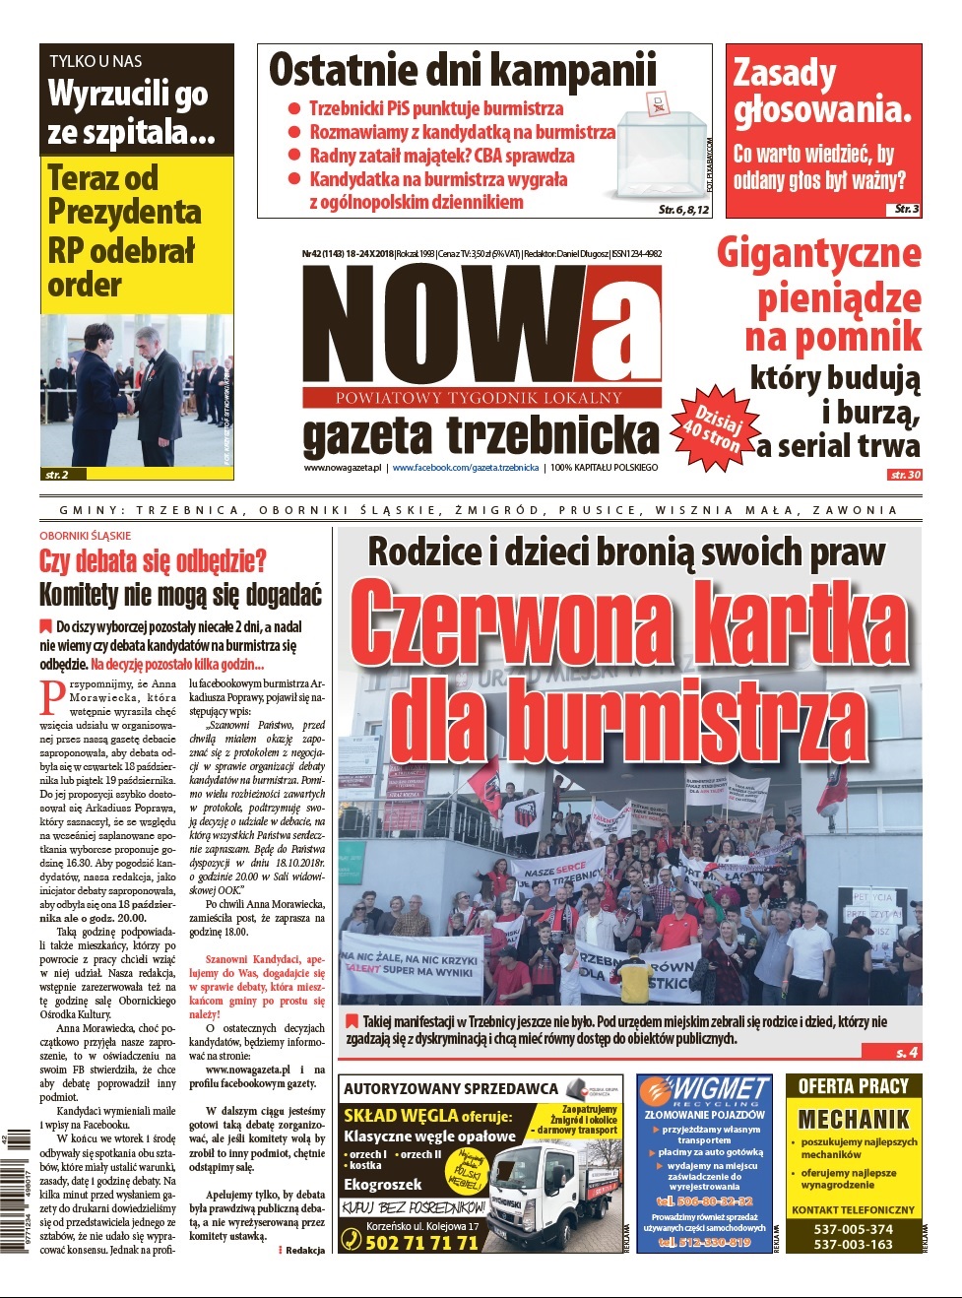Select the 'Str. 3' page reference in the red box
pos(906,209)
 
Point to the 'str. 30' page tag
pos(904,475)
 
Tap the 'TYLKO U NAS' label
pos(96,61)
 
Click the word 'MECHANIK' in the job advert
pos(853,1119)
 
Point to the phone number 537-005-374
pos(853,1229)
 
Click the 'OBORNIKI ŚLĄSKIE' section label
pos(86,536)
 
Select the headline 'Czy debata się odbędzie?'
pos(153,561)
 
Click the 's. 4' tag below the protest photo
pos(907,1053)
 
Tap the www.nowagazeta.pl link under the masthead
pos(342,468)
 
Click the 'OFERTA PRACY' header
pos(853,1086)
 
